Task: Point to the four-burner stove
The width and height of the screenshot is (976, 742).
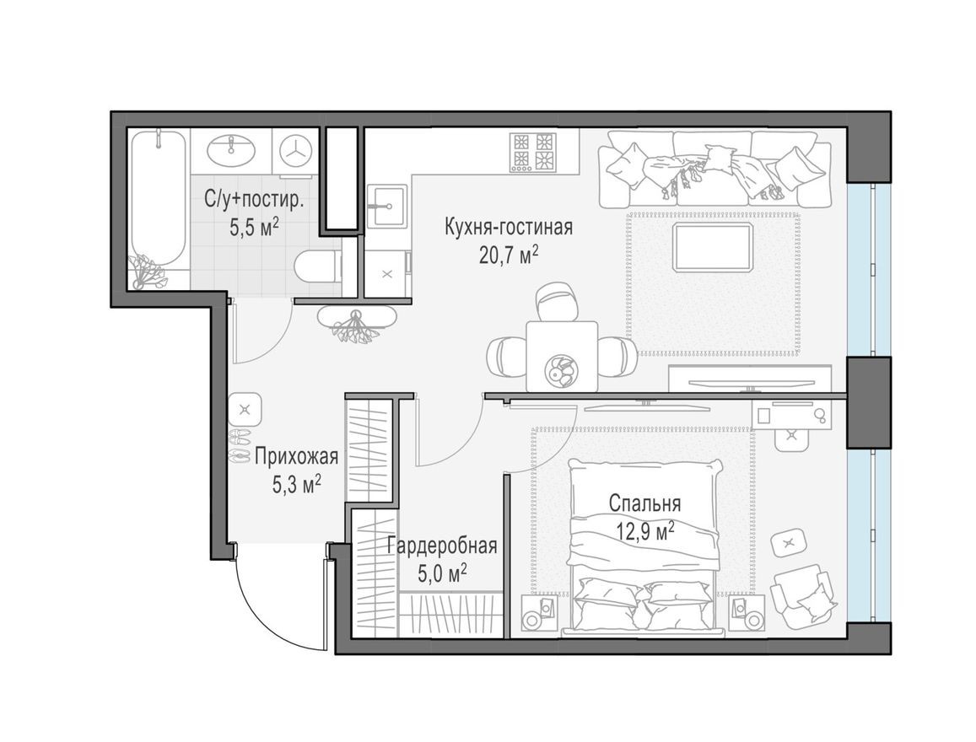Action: point(531,152)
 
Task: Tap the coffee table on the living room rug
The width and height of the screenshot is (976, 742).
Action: point(713,246)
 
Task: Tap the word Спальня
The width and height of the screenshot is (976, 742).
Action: point(644,503)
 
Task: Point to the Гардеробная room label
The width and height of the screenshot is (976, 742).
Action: point(442,546)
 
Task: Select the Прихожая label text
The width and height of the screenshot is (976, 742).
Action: point(296,457)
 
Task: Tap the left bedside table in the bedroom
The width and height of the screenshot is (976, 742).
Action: point(533,614)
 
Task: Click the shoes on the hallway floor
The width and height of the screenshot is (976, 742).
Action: point(239,445)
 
